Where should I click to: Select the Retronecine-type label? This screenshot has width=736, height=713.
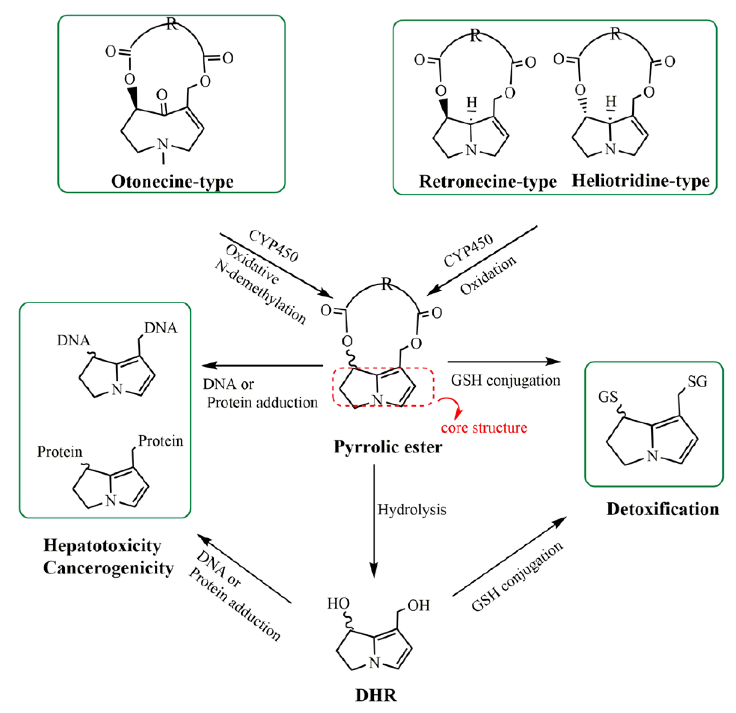(x=487, y=181)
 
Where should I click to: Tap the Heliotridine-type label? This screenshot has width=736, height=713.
(x=640, y=181)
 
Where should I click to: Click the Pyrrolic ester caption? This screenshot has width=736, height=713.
(x=388, y=447)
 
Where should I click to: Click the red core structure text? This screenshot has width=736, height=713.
(x=484, y=427)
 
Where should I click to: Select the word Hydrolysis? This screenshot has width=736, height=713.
(x=412, y=510)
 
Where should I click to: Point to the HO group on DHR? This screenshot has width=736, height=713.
(x=338, y=604)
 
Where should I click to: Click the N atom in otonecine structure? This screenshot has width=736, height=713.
(x=163, y=144)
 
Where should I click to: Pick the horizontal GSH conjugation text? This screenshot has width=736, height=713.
(x=505, y=380)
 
